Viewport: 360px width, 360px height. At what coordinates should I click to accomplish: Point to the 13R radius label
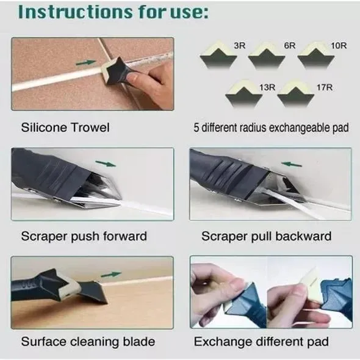coord(267,88)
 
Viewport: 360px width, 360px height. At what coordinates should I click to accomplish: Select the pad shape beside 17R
coord(295,98)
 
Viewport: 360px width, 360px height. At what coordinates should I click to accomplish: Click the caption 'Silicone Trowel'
coord(65,128)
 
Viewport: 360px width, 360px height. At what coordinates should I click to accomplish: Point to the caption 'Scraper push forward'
coord(84,236)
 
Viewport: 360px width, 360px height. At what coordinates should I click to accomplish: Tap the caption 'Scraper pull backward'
coord(267,236)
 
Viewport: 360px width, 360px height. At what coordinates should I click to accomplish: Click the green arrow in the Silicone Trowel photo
coord(88,62)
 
